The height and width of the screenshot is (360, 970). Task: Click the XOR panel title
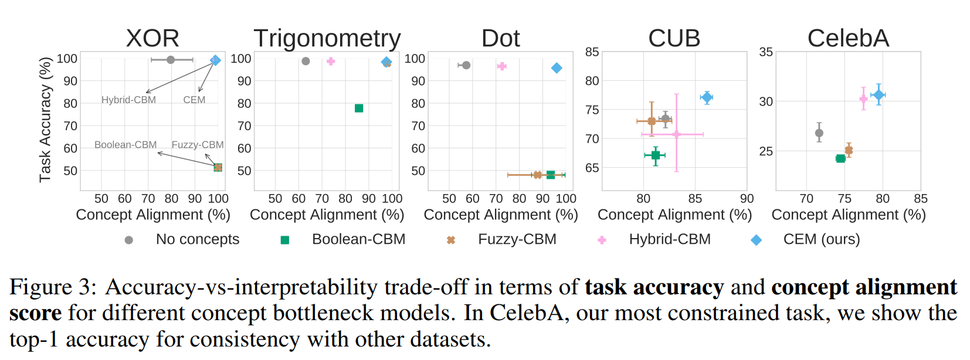pyautogui.click(x=152, y=38)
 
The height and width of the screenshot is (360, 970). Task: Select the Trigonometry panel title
pyautogui.click(x=327, y=39)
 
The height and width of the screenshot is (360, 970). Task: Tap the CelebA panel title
pyautogui.click(x=848, y=38)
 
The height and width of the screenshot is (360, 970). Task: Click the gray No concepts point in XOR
pyautogui.click(x=171, y=60)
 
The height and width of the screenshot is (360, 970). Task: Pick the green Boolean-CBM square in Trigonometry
pyautogui.click(x=359, y=108)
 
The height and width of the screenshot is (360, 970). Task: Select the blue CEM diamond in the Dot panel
pyautogui.click(x=557, y=68)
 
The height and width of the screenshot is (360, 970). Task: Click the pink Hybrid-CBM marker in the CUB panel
pyautogui.click(x=676, y=134)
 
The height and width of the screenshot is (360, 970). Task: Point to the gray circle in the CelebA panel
pyautogui.click(x=819, y=133)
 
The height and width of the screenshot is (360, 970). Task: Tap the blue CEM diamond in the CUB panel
pyautogui.click(x=707, y=97)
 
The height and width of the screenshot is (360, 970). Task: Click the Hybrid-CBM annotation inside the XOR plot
pyautogui.click(x=128, y=100)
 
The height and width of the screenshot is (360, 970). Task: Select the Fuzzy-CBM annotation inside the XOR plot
pyautogui.click(x=197, y=145)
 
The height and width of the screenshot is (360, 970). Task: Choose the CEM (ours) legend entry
pyautogui.click(x=821, y=239)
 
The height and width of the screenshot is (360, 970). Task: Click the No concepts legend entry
pyautogui.click(x=197, y=239)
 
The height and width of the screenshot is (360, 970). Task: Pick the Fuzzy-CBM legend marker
pyautogui.click(x=451, y=240)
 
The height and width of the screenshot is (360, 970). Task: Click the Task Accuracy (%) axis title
pyautogui.click(x=45, y=120)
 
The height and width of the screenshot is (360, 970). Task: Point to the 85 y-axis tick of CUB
pyautogui.click(x=592, y=52)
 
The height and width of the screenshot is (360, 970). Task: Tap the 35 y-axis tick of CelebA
pyautogui.click(x=765, y=52)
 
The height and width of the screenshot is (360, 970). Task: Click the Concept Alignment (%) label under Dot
pyautogui.click(x=501, y=215)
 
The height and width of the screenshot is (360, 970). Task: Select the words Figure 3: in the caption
pyautogui.click(x=53, y=287)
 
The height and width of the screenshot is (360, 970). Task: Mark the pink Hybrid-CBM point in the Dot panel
pyautogui.click(x=501, y=66)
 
